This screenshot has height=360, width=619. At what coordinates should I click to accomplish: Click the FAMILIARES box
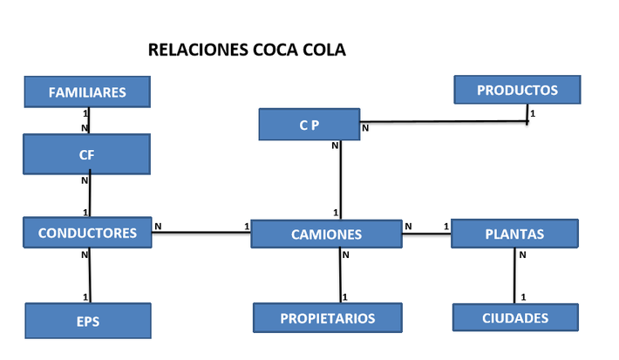tap(87, 92)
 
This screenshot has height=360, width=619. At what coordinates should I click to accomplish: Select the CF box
tap(87, 154)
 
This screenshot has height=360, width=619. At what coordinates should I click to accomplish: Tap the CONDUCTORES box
tap(87, 233)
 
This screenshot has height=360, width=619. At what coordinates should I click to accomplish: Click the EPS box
tap(87, 321)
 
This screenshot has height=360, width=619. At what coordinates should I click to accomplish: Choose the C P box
tap(309, 125)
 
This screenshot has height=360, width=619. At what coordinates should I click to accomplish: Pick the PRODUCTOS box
tap(517, 90)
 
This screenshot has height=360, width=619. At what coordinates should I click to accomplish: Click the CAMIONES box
tap(326, 234)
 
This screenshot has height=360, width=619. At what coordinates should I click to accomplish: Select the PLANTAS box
tap(514, 234)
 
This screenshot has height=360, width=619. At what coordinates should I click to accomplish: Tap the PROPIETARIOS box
tap(328, 318)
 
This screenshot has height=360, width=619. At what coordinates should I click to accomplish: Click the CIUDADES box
tap(515, 317)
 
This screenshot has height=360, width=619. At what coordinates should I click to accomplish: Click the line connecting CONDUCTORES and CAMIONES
tap(201, 233)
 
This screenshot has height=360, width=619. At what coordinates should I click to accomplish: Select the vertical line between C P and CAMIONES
tap(340, 179)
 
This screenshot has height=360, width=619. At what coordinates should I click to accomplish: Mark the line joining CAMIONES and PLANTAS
tap(427, 233)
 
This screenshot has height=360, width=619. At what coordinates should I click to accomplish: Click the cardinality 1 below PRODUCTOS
tap(533, 112)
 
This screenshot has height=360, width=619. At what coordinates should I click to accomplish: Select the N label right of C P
tap(365, 128)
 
